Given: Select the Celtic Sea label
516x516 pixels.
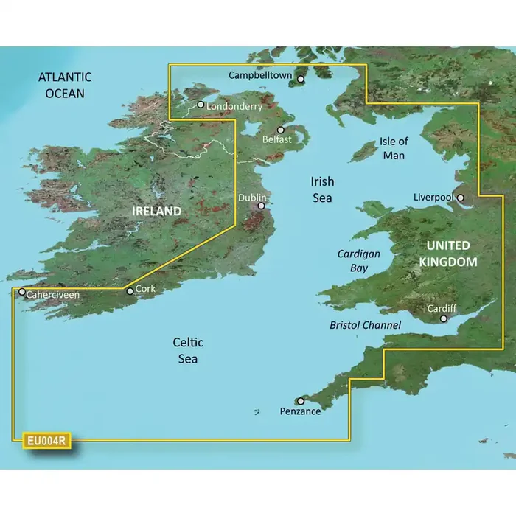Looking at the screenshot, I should [187, 350].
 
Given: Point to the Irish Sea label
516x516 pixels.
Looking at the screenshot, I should [321, 189].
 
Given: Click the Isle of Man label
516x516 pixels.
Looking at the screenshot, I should [393, 147].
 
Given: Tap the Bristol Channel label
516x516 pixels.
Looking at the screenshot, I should [366, 325].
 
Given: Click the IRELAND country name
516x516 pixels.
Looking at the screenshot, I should [156, 212].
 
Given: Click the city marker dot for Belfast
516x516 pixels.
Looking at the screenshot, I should [280, 130].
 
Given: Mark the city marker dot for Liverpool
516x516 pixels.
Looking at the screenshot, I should [461, 198].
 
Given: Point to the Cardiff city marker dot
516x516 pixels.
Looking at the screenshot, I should [444, 319].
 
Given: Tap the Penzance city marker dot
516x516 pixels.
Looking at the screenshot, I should [301, 401].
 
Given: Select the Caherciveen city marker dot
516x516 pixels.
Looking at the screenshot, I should [22, 292].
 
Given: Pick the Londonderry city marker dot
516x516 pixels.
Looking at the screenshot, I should [200, 105].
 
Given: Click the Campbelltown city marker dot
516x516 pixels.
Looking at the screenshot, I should [301, 78].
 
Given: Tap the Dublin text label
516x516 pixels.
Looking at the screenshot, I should [252, 198].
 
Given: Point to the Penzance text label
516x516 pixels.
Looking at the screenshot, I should [301, 411].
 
